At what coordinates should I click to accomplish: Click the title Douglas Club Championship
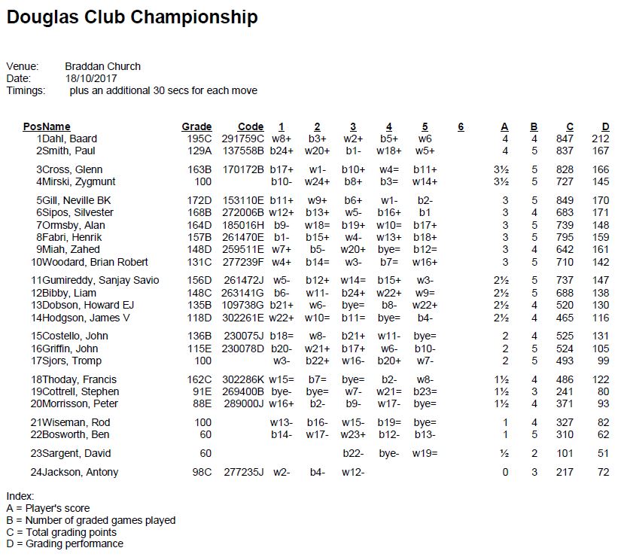(x=132, y=17)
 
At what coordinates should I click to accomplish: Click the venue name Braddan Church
(x=102, y=66)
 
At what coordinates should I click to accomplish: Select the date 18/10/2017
(x=91, y=78)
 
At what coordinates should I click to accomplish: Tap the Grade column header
(x=196, y=126)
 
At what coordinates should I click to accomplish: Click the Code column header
(x=251, y=126)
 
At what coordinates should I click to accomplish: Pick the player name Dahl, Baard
(x=69, y=138)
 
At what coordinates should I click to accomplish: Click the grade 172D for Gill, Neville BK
(x=199, y=200)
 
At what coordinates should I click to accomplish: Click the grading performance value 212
(x=600, y=138)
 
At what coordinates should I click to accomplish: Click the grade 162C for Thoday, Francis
(x=199, y=379)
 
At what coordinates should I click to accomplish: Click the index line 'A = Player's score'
(x=47, y=508)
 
